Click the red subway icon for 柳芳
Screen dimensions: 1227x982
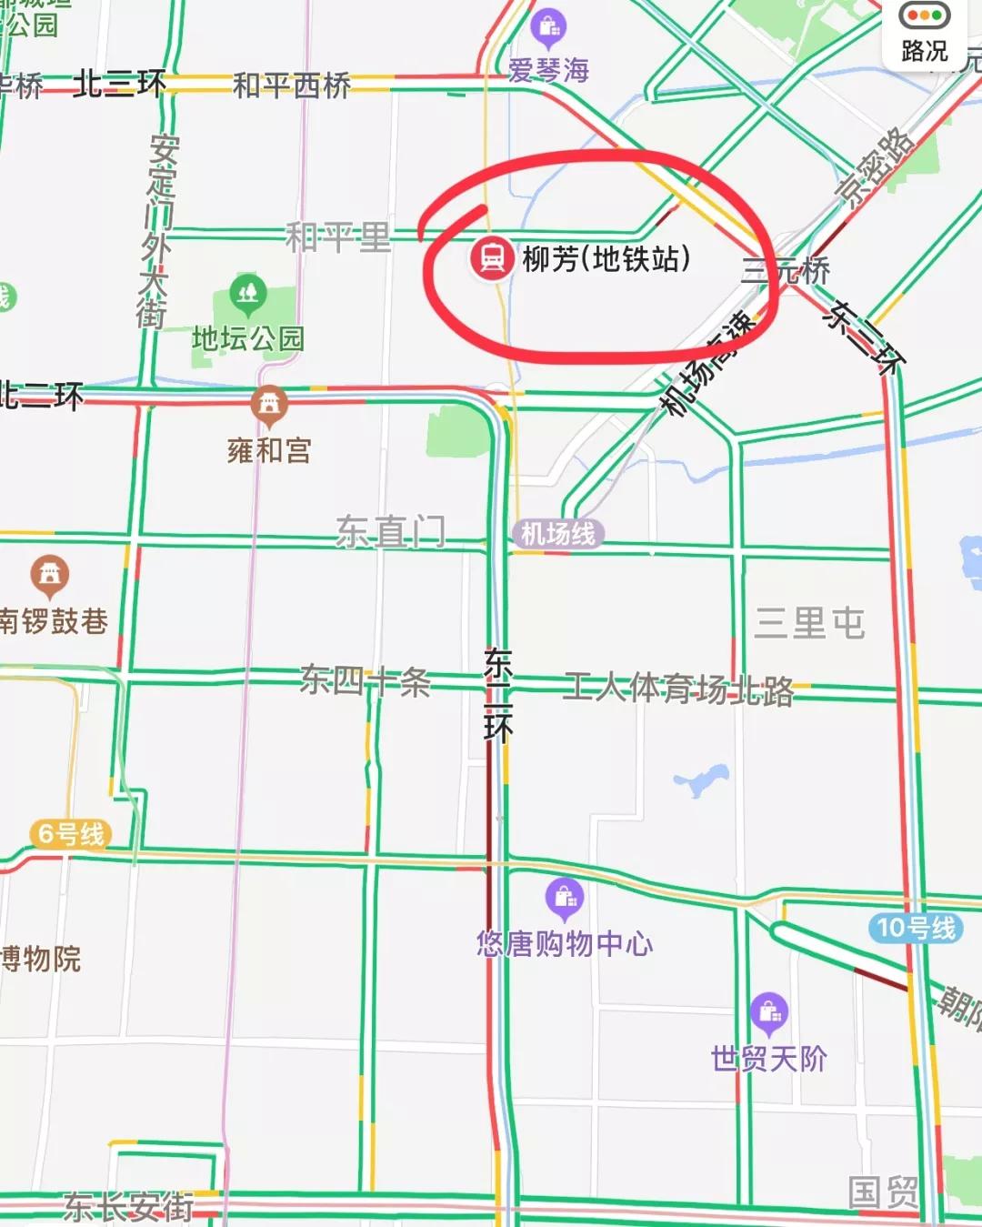[x=492, y=258]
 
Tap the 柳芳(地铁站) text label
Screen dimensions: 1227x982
[x=606, y=259]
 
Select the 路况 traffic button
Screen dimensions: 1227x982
[x=924, y=35]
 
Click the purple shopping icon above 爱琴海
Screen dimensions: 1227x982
[x=548, y=29]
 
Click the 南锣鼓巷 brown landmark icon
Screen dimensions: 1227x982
[x=50, y=575]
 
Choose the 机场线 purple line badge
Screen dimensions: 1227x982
[x=558, y=534]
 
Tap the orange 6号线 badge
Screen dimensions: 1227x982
[x=71, y=833]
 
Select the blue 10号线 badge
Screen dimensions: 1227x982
[x=916, y=928]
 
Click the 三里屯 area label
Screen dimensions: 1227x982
[x=809, y=623]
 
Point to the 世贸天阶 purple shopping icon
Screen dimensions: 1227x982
[x=769, y=1012]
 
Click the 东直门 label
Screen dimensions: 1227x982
[x=391, y=530]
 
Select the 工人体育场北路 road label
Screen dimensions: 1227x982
[x=678, y=689]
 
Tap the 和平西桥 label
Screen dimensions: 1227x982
[x=292, y=85]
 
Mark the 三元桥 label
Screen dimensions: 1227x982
[x=786, y=270]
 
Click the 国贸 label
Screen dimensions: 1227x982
[x=882, y=1192]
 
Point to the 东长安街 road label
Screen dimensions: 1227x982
[x=128, y=1207]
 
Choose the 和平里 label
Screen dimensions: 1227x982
[x=338, y=237]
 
